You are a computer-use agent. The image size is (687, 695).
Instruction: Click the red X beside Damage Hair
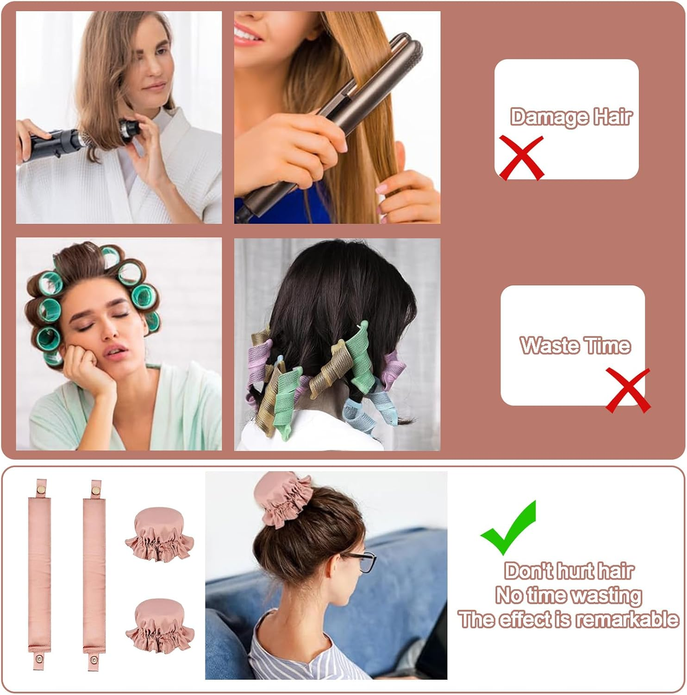click(x=521, y=158)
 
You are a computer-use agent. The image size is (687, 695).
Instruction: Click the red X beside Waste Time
click(x=628, y=390)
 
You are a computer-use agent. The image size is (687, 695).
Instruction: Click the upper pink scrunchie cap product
click(x=159, y=533)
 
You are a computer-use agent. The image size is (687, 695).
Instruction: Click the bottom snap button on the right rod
click(x=94, y=660)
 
